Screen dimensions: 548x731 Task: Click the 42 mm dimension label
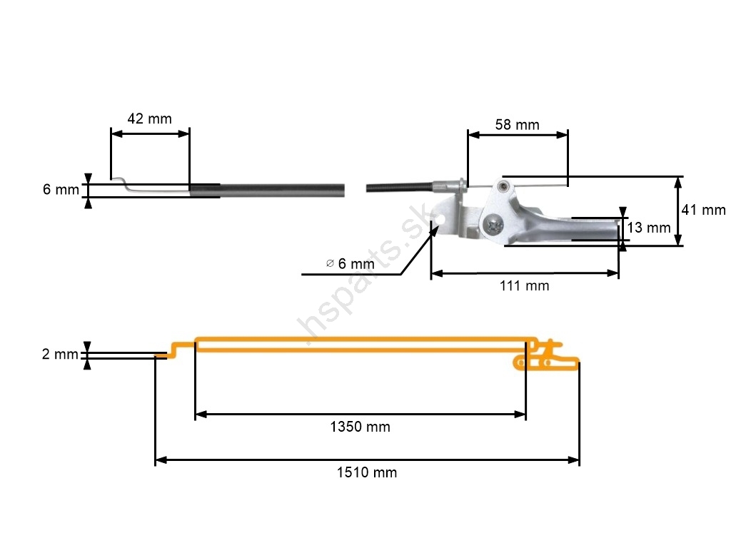point(149,118)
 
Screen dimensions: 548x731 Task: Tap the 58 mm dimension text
point(517,125)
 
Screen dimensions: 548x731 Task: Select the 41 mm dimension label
point(703,210)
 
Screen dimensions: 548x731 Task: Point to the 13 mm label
point(648,228)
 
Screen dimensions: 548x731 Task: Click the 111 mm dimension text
point(525,285)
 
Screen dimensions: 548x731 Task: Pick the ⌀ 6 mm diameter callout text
point(350,263)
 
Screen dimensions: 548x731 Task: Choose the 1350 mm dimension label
point(360,427)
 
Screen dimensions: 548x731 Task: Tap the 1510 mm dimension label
point(367,472)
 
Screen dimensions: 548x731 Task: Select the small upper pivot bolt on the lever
point(505,186)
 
